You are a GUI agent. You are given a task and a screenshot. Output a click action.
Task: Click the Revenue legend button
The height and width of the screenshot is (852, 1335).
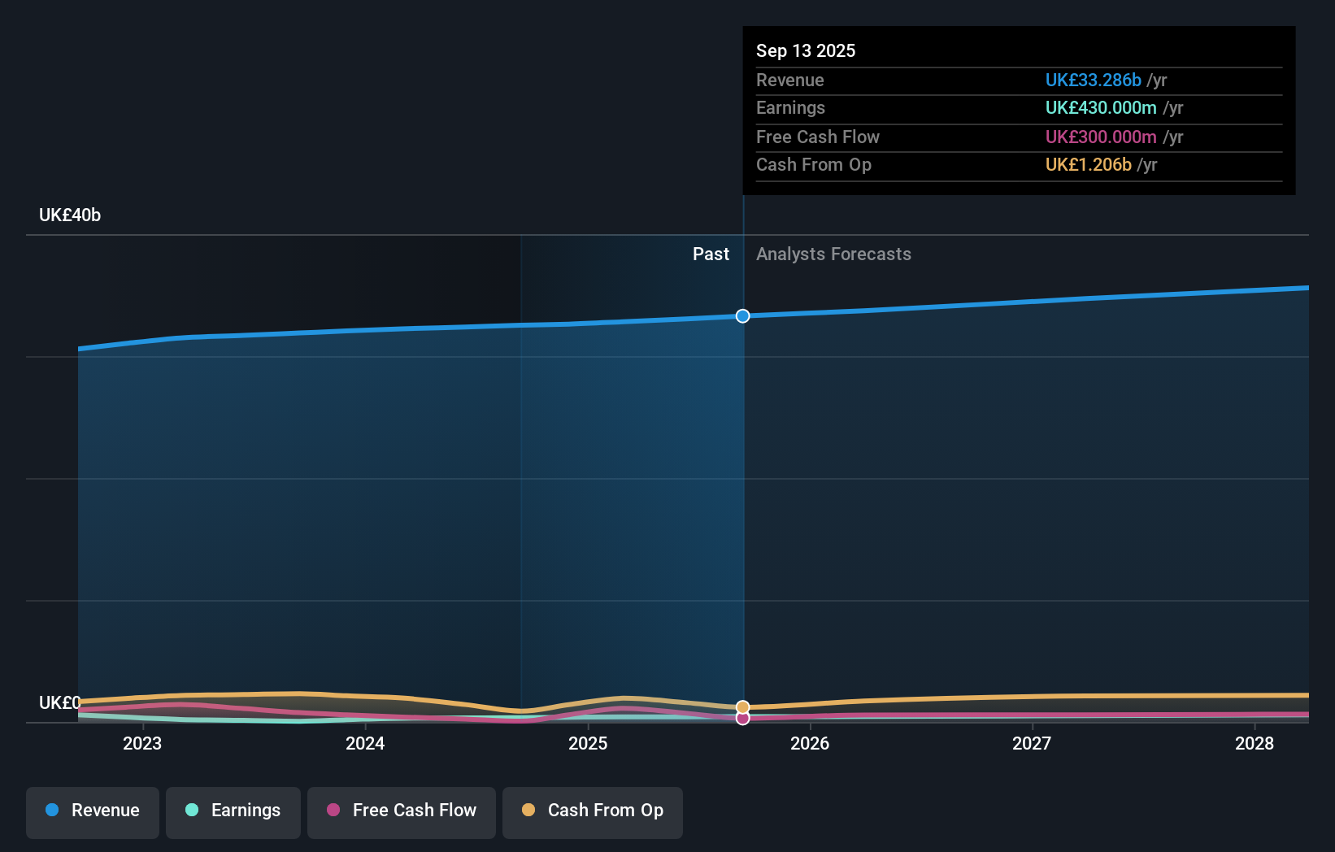coord(93,811)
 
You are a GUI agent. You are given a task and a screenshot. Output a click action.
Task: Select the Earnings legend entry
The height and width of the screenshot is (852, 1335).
coord(233,811)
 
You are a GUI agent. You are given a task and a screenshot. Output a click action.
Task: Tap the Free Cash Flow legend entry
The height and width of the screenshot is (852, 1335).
coord(402,811)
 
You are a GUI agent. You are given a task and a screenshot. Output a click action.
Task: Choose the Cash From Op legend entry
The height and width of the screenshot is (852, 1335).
coord(593,811)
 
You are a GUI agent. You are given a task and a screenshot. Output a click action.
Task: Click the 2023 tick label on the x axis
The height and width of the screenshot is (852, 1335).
coord(142,743)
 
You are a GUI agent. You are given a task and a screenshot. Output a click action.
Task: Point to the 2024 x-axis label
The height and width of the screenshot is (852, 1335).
coord(365,743)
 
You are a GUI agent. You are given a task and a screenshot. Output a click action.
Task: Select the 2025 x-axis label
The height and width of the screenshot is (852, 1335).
coord(588,743)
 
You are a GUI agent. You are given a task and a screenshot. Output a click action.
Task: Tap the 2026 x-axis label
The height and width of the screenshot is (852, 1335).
coord(810,743)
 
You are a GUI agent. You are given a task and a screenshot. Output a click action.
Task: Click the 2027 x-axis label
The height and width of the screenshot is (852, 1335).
coord(1032,743)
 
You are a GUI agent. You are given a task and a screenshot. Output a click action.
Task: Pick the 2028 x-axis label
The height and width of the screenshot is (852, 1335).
coord(1255,743)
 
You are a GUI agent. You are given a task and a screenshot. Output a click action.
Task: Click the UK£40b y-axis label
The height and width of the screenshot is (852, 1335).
coord(70,215)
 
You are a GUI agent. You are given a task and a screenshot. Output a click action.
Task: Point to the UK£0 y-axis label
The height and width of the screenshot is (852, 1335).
coord(59,702)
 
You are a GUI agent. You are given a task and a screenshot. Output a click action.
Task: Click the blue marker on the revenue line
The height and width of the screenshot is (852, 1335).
coord(742,316)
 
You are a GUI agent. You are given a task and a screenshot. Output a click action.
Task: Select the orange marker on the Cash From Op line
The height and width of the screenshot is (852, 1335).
coord(742,707)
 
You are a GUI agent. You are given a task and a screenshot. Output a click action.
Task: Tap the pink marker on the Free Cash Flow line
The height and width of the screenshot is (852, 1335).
coord(742,718)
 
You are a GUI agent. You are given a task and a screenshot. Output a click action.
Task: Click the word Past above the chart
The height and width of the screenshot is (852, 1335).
coord(711,254)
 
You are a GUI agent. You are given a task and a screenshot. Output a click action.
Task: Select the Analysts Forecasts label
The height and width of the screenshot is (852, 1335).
coord(833,254)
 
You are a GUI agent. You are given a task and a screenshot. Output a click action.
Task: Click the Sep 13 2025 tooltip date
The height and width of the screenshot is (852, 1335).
coord(806,50)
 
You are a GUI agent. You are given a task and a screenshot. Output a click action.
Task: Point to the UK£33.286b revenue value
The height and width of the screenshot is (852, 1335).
coord(1093,80)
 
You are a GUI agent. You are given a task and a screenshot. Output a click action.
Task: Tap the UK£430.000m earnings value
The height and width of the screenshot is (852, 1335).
coord(1100,108)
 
